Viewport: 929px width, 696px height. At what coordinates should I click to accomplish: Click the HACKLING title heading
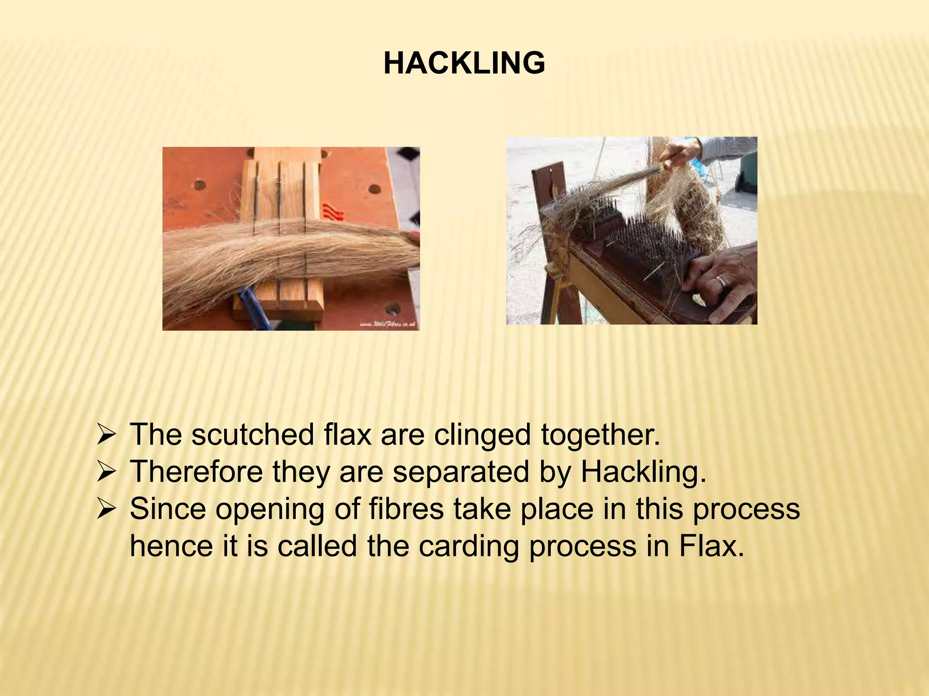tap(464, 63)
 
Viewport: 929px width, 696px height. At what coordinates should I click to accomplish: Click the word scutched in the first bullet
tap(252, 435)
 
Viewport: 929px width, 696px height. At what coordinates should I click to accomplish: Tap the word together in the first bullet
tap(601, 435)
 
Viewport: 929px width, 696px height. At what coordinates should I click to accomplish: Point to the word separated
tap(461, 472)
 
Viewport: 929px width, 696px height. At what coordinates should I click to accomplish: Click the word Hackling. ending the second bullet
tap(644, 472)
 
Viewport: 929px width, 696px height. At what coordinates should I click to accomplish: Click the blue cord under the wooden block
tap(254, 308)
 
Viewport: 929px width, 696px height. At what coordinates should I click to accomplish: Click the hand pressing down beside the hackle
tap(721, 281)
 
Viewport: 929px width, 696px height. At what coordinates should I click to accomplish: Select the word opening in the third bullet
tap(269, 510)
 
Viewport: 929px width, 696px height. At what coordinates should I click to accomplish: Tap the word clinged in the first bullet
tap(482, 435)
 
